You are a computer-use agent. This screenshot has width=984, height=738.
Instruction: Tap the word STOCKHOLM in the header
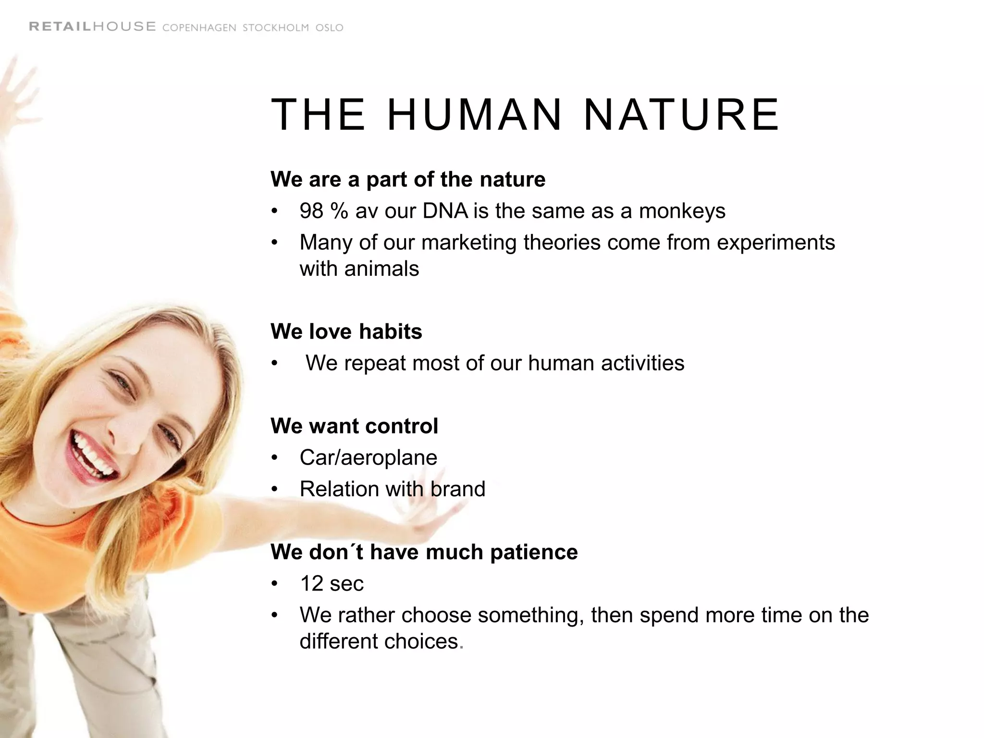[x=276, y=28]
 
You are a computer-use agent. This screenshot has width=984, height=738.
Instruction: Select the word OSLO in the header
[x=330, y=28]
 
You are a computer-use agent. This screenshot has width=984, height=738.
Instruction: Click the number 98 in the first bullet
[x=311, y=211]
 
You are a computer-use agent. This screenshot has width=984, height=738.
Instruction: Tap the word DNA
[x=445, y=211]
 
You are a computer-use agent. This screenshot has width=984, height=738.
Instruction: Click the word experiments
[x=775, y=243]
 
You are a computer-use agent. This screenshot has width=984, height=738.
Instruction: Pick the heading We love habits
[x=346, y=332]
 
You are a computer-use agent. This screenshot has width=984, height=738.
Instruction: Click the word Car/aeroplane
[x=368, y=457]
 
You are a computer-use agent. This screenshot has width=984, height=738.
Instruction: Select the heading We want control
[x=354, y=426]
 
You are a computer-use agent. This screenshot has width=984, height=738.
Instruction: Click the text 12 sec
[x=332, y=584]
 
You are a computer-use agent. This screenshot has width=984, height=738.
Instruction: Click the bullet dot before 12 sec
[x=274, y=584]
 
